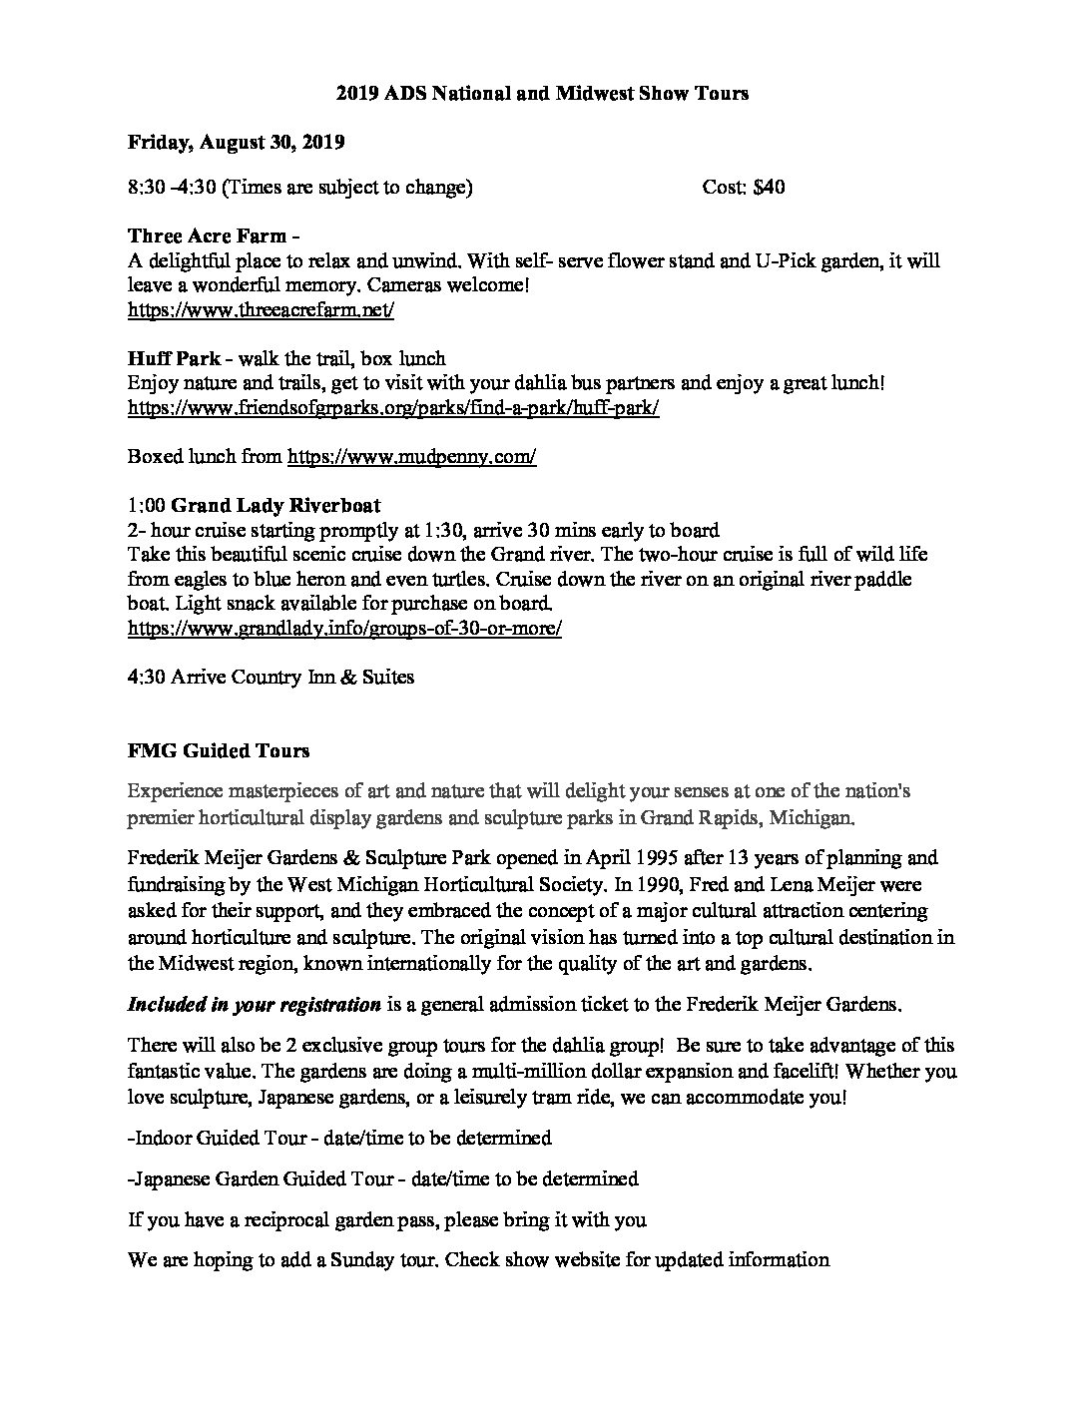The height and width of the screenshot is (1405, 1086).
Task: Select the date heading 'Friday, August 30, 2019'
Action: [x=237, y=142]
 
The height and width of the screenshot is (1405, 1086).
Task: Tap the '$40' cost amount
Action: [x=769, y=187]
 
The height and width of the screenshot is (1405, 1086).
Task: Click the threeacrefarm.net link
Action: [x=262, y=309]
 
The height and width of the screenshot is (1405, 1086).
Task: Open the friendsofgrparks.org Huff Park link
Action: [x=394, y=408]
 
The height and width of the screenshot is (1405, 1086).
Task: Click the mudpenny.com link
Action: [x=412, y=456]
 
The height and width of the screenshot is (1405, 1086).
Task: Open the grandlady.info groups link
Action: [x=345, y=629]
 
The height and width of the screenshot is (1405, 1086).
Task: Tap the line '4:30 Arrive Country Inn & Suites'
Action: [x=271, y=678]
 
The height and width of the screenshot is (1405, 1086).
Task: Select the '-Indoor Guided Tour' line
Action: [x=339, y=1138]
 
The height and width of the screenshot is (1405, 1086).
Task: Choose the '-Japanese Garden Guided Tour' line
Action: [x=383, y=1178]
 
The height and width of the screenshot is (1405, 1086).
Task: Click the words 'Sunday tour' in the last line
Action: [x=381, y=1259]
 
